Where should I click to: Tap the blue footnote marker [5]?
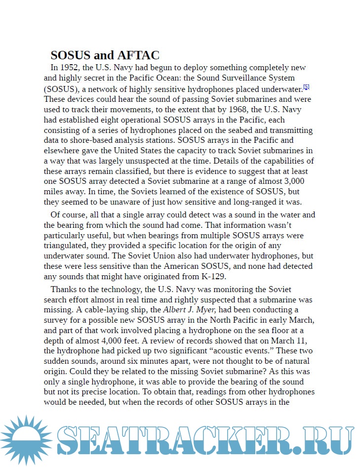[306, 87]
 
